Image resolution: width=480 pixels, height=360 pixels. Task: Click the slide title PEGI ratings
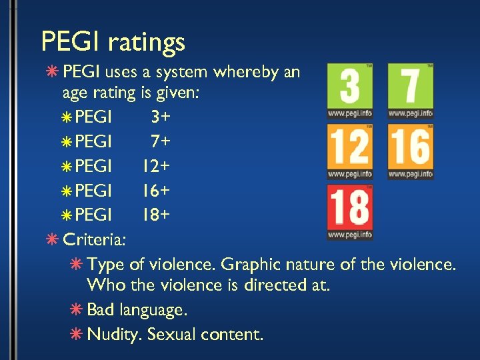(113, 43)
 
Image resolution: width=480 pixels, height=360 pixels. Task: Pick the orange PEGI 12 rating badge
(350, 152)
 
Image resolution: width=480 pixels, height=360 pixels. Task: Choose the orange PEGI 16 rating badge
(410, 152)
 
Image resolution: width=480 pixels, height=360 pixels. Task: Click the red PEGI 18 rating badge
(350, 212)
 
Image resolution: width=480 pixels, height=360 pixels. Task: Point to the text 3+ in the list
(160, 118)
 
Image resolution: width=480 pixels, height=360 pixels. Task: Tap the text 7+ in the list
(160, 142)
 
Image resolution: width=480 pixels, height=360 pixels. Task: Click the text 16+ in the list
(155, 191)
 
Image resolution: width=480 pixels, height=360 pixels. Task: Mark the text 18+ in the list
(155, 215)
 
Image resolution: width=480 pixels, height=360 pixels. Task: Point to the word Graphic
(251, 265)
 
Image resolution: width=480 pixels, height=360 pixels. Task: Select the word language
(153, 311)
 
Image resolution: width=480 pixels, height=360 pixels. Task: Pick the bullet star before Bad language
(77, 310)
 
